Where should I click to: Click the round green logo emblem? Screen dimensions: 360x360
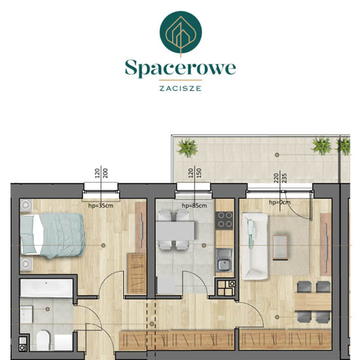(x=181, y=32)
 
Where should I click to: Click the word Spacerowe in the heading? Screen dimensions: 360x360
(x=180, y=68)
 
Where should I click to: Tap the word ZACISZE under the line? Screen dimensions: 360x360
(x=181, y=88)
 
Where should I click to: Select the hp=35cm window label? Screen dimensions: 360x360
(x=101, y=206)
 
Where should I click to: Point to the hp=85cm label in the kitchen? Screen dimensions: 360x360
(x=194, y=206)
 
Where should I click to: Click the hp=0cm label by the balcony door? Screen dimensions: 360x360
(x=279, y=202)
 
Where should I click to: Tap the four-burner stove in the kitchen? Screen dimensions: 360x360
(x=224, y=220)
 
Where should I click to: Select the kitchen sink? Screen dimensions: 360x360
(x=224, y=260)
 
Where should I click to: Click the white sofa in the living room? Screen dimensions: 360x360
(x=255, y=247)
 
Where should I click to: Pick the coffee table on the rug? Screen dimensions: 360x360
(x=280, y=247)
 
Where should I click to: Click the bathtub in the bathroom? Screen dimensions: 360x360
(x=46, y=289)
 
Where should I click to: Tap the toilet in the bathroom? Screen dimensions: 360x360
(x=43, y=340)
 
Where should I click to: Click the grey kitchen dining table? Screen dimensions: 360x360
(x=175, y=230)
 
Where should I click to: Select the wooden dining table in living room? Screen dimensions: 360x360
(x=313, y=302)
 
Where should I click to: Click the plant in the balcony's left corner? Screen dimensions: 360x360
(x=187, y=148)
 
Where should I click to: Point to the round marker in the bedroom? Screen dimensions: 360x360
(x=103, y=245)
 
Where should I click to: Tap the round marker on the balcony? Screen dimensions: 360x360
(x=277, y=155)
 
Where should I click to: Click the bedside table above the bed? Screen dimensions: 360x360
(x=26, y=206)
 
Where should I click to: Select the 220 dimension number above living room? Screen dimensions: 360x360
(x=276, y=178)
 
